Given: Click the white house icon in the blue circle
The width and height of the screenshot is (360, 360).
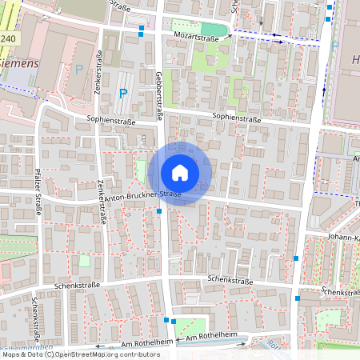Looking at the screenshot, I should tap(180, 173).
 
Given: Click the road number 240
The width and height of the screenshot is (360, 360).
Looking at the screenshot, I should tap(8, 38).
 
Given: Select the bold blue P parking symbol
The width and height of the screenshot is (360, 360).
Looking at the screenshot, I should tap(123, 94).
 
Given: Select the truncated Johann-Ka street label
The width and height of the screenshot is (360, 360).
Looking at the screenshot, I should tap(343, 238).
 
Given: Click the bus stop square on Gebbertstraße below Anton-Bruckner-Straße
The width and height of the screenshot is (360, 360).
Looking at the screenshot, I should tap(160, 211).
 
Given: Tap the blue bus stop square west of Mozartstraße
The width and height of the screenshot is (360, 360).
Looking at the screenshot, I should tap(142, 30).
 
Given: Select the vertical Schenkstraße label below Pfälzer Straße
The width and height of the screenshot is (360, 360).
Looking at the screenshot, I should tap(34, 316).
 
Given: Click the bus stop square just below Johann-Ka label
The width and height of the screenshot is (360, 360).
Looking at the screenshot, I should tap(297, 258).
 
